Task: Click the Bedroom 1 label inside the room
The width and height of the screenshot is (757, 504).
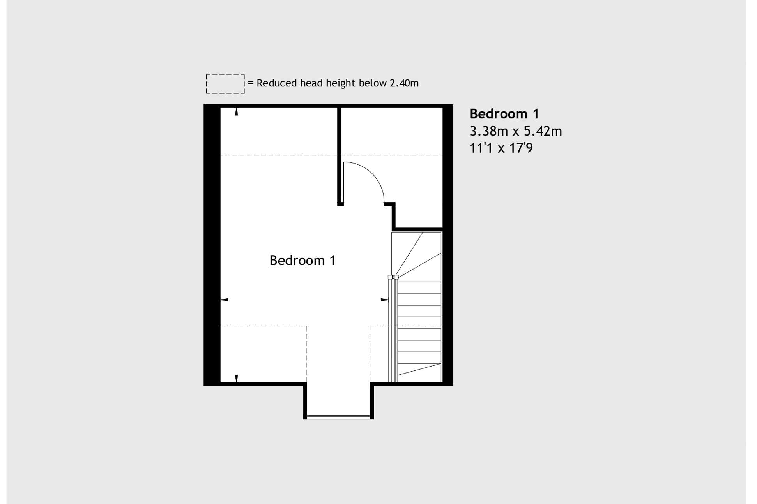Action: (x=302, y=261)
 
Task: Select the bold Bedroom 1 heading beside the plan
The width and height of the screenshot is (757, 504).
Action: (x=504, y=114)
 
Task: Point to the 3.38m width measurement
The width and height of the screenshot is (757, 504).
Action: (x=488, y=131)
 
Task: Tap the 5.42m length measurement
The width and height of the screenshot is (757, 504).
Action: (x=543, y=131)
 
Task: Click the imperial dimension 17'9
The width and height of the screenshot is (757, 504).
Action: (x=521, y=148)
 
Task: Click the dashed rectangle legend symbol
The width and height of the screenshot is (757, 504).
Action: (x=225, y=84)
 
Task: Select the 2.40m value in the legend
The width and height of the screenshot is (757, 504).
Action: (x=404, y=83)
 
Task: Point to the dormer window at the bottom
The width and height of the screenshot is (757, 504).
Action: (x=338, y=417)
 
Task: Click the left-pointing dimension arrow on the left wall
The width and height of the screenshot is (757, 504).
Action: (x=225, y=300)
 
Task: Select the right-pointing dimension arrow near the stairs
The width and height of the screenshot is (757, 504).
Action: (x=385, y=300)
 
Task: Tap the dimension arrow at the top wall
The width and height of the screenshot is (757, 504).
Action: (x=236, y=112)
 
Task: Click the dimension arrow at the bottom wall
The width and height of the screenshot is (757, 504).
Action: (x=236, y=378)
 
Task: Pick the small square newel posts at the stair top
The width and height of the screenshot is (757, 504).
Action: (x=393, y=277)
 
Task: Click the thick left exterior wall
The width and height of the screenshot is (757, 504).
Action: (x=212, y=245)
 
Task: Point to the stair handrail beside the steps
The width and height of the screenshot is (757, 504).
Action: (x=393, y=331)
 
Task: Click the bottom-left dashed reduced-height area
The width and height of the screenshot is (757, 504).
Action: (x=264, y=354)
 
